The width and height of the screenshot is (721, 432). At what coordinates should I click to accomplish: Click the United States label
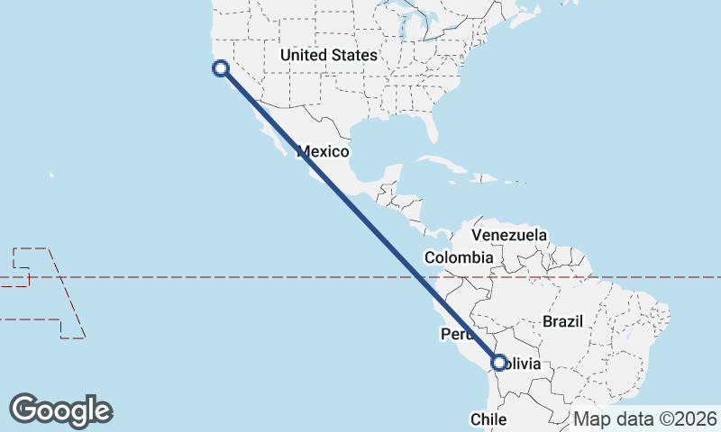coord(328,56)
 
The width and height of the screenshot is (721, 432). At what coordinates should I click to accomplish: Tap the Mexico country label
coord(323,151)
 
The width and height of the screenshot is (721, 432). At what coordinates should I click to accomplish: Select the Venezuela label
coord(509,235)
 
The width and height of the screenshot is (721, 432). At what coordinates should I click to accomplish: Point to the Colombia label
coord(459,257)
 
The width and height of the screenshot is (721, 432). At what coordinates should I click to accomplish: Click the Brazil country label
coord(563,321)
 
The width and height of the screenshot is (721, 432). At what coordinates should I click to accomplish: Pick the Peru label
coord(455,335)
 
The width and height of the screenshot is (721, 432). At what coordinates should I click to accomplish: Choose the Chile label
coord(488,419)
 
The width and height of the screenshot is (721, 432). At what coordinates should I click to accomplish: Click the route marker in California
coord(220,67)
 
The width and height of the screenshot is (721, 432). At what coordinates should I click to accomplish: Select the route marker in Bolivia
coord(498,363)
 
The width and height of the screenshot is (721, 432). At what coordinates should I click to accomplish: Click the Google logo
coord(60,409)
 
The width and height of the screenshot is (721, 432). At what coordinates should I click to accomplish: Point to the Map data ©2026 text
coord(644,419)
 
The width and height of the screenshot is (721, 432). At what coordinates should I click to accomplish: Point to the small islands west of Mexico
coord(51,175)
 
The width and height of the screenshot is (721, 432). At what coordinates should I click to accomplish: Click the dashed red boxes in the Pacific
coord(36,270)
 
